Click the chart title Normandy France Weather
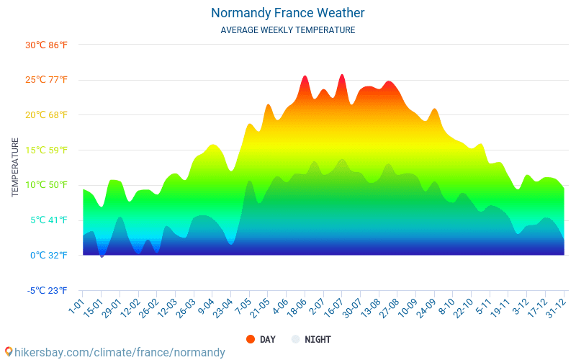pyautogui.click(x=288, y=13)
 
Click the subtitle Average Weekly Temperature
pyautogui.click(x=288, y=30)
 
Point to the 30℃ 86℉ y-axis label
pyautogui.click(x=46, y=45)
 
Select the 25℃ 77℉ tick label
pyautogui.click(x=46, y=80)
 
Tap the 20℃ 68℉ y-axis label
pyautogui.click(x=46, y=115)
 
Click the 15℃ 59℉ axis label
pyautogui.click(x=46, y=150)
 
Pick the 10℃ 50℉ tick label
pyautogui.click(x=46, y=185)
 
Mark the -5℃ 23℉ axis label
pyautogui.click(x=46, y=290)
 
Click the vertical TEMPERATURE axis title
pyautogui.click(x=15, y=168)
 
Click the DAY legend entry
pyautogui.click(x=261, y=339)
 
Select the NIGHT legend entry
pyautogui.click(x=312, y=339)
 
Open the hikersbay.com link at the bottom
pyautogui.click(x=115, y=352)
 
